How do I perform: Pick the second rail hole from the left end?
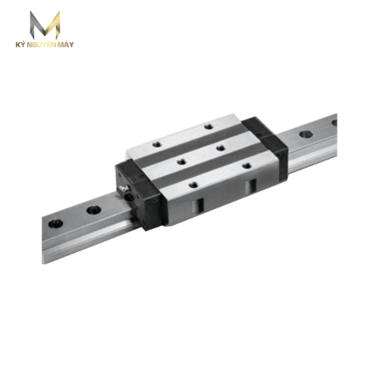tap(94, 210)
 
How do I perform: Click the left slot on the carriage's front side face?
tap(201, 204)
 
